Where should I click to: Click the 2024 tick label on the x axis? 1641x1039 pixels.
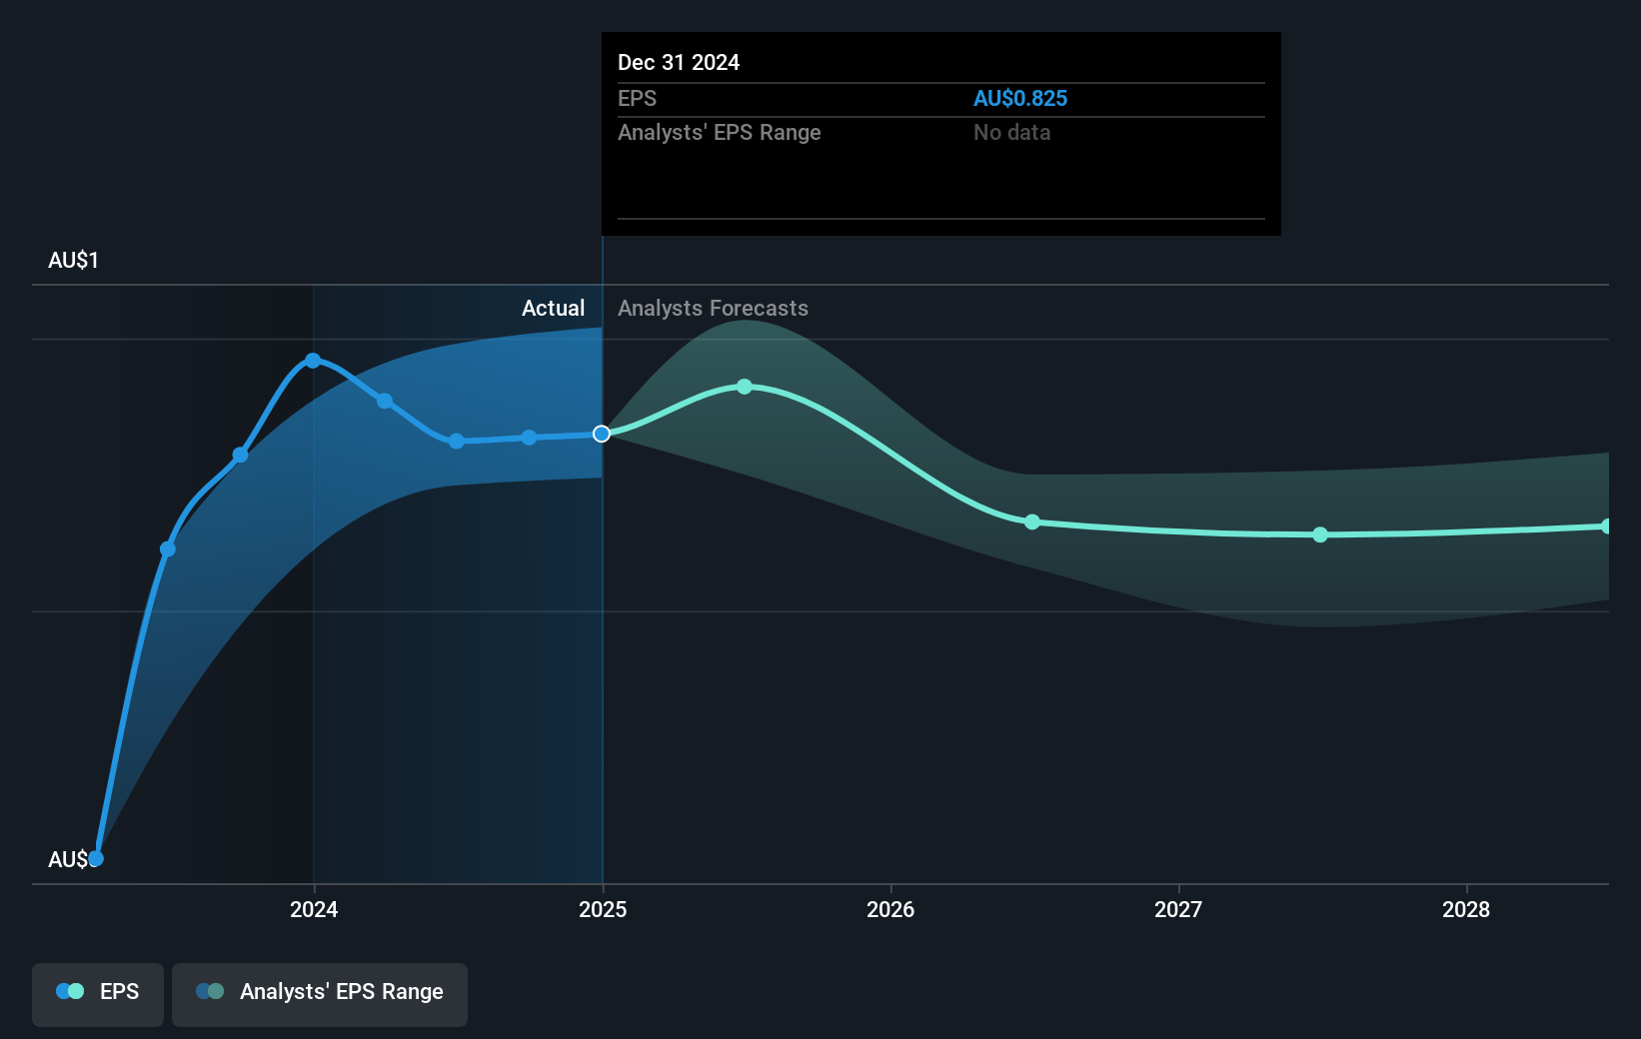[x=314, y=909]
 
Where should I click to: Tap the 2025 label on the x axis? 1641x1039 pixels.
[x=603, y=909]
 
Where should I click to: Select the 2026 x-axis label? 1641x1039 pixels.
[x=890, y=909]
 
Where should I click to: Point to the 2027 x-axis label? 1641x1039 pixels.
[x=1178, y=909]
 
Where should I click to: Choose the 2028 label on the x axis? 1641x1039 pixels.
[x=1466, y=909]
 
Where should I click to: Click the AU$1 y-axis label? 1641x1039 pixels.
[x=73, y=261]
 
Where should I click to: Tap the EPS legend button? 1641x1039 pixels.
[x=98, y=993]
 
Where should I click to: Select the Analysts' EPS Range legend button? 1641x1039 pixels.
[x=320, y=993]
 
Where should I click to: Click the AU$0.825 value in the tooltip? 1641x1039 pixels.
[x=1020, y=99]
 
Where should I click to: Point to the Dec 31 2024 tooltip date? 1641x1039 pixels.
[x=679, y=63]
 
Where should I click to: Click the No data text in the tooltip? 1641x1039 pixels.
[x=1011, y=133]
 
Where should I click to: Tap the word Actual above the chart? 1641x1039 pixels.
[x=553, y=309]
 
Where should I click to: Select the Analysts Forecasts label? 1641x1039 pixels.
[x=713, y=309]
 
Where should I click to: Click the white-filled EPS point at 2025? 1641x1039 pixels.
[x=602, y=434]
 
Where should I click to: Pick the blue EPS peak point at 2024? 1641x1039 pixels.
[x=313, y=361]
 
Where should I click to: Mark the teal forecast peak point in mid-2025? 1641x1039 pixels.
[x=745, y=387]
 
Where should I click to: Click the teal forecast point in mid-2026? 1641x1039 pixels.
[x=1032, y=522]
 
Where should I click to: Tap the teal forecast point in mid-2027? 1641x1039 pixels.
[x=1320, y=534]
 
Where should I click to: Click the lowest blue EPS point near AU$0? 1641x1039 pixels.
[x=96, y=858]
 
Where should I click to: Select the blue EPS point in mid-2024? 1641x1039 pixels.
[x=457, y=442]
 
